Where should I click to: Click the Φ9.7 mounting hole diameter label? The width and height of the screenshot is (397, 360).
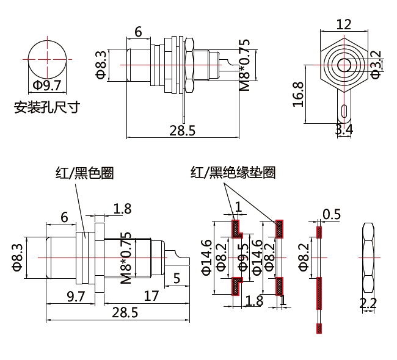[x=47, y=85]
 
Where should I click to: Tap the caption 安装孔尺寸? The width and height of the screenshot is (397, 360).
[x=47, y=109]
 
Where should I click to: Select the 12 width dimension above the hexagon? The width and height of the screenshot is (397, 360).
[x=344, y=24]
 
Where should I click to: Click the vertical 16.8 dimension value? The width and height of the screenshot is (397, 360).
[x=298, y=94]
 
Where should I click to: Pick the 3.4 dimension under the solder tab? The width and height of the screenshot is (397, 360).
[x=344, y=129]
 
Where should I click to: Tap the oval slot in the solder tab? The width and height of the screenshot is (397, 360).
[x=344, y=110]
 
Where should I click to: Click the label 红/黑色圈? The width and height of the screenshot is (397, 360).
[x=84, y=173]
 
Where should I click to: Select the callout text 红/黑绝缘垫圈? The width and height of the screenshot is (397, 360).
[x=233, y=173]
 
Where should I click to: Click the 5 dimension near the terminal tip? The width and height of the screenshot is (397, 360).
[x=177, y=279]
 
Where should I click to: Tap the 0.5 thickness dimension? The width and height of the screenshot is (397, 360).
[x=332, y=214]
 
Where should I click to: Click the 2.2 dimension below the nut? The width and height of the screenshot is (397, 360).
[x=368, y=303]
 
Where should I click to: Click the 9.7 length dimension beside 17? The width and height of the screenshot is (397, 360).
[x=75, y=297]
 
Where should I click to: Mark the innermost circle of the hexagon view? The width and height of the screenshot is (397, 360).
[x=344, y=63]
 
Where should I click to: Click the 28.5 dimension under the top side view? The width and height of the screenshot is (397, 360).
[x=182, y=130]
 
